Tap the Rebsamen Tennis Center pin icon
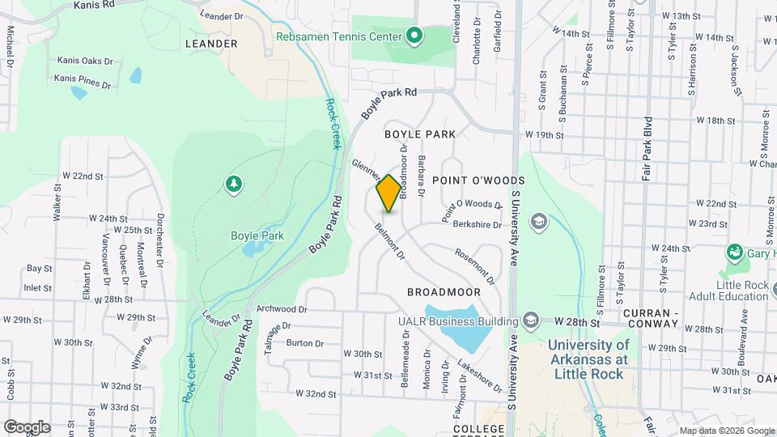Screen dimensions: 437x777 click(414, 36)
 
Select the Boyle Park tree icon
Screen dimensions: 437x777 click(234, 185)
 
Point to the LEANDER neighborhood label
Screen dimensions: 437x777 click(211, 44)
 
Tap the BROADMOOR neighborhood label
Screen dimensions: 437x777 click(444, 292)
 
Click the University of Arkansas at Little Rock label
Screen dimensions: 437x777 click(588, 359)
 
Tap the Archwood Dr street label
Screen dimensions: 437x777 click(282, 309)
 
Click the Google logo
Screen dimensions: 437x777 click(26, 427)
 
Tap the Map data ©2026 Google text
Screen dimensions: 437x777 click(726, 431)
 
